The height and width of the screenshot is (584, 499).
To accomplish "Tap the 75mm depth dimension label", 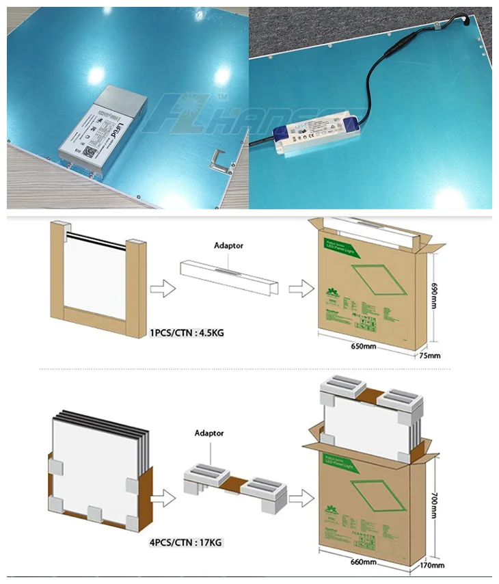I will tap(430, 356).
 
